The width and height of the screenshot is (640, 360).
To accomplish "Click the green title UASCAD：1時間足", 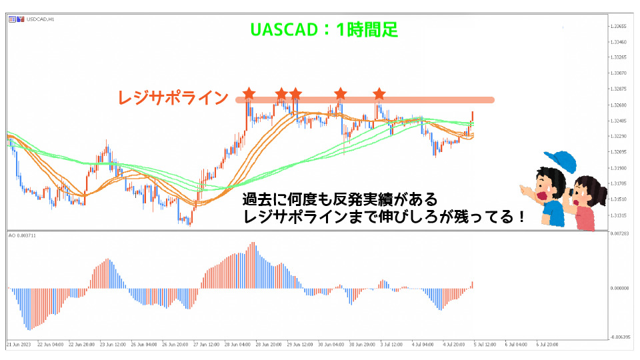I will click(324, 29).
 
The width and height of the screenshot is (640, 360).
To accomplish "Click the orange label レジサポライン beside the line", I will click(173, 98).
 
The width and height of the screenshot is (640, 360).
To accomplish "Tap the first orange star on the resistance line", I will click(249, 92).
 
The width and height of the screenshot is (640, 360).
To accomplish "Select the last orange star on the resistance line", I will click(379, 93).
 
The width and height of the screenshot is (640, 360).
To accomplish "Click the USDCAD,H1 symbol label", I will click(41, 19).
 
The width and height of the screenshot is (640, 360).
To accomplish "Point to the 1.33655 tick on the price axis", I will click(620, 26).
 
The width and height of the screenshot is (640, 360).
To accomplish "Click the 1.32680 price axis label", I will click(620, 105).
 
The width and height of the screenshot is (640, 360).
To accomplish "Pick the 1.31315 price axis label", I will click(620, 215).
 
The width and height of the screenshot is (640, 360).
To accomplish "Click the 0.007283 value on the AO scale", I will click(620, 233).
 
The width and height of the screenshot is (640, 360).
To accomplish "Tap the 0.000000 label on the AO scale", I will click(620, 289).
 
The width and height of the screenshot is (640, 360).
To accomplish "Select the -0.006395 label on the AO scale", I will click(620, 337).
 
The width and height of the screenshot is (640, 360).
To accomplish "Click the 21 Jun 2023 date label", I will click(19, 345).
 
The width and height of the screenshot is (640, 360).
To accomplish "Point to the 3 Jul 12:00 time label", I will click(391, 345).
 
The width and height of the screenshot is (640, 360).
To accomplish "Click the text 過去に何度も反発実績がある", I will click(340, 199).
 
